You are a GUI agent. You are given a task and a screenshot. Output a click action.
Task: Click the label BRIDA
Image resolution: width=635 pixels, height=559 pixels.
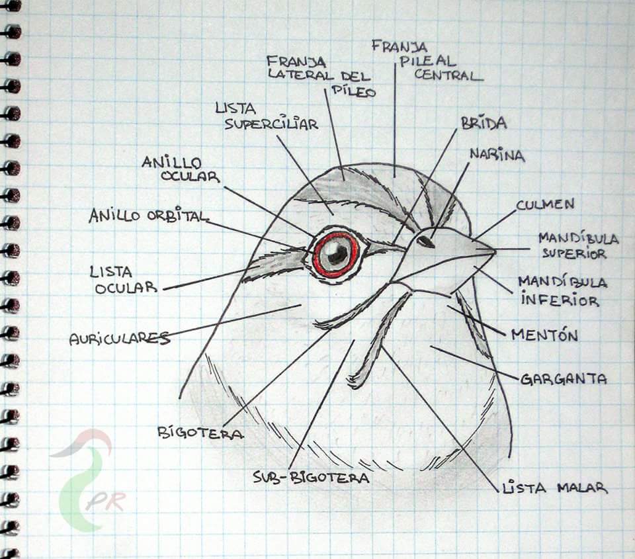point(484,124)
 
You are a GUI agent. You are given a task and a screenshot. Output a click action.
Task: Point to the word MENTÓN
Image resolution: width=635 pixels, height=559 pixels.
point(544,335)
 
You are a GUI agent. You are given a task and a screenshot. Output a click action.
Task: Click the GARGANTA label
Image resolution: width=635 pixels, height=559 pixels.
point(564,380)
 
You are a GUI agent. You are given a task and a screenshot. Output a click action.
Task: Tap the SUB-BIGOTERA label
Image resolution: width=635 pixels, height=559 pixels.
point(311,477)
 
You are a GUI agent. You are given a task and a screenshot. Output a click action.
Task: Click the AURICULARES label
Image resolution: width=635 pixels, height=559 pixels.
point(119,339)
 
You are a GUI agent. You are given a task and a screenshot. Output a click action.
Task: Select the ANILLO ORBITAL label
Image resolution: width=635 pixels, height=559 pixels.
point(148,216)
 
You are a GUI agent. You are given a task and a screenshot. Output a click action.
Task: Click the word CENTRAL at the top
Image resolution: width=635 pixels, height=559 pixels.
point(448,74)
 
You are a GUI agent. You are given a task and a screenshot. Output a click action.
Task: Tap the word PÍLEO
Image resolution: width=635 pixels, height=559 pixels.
point(351,91)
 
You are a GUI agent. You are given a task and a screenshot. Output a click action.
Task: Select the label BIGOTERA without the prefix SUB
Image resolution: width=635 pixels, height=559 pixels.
point(200,433)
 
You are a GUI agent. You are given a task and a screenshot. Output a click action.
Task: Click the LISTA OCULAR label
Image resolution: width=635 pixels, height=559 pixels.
point(124,279)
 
